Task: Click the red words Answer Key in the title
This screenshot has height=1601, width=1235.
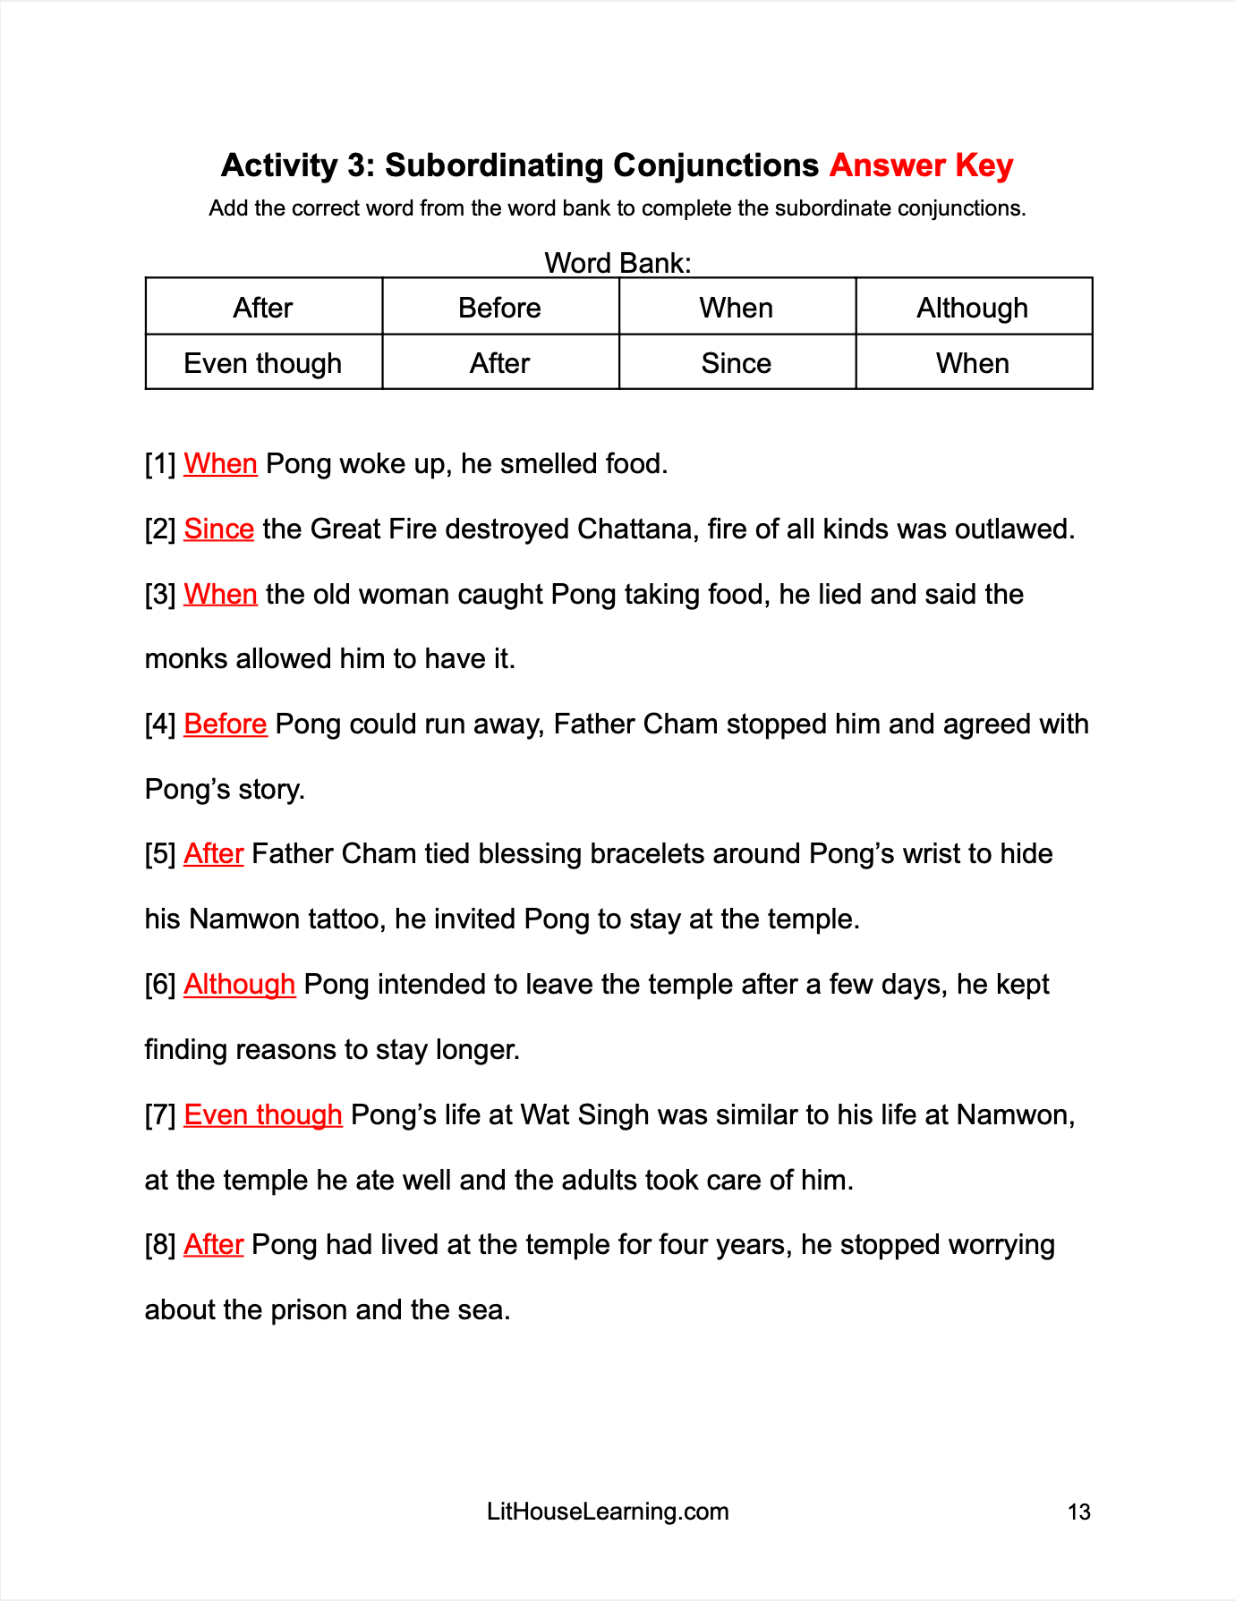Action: click(x=921, y=165)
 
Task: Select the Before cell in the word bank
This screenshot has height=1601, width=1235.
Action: click(x=499, y=308)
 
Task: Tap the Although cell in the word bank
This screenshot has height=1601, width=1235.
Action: click(x=972, y=308)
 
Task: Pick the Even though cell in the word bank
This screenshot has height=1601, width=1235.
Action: click(x=262, y=363)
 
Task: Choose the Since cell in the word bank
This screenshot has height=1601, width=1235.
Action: click(x=736, y=363)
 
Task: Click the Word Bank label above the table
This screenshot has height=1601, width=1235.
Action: click(x=617, y=263)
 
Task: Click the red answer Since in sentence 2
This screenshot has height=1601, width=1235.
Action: click(x=218, y=529)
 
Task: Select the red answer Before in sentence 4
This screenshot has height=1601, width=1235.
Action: click(x=225, y=724)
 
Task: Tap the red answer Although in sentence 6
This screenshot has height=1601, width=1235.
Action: click(x=239, y=984)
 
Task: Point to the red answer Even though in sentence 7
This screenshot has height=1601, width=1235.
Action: click(x=262, y=1114)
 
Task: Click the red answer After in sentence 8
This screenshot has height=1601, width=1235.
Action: click(x=213, y=1244)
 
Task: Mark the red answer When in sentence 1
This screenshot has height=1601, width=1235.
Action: click(x=220, y=463)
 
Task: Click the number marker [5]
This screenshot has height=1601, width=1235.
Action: click(x=160, y=854)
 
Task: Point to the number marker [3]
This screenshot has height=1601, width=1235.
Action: click(x=160, y=594)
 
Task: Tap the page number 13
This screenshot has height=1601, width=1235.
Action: click(x=1078, y=1512)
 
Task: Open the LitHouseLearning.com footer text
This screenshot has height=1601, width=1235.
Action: click(x=608, y=1512)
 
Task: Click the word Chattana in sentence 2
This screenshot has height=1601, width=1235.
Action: click(x=635, y=529)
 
